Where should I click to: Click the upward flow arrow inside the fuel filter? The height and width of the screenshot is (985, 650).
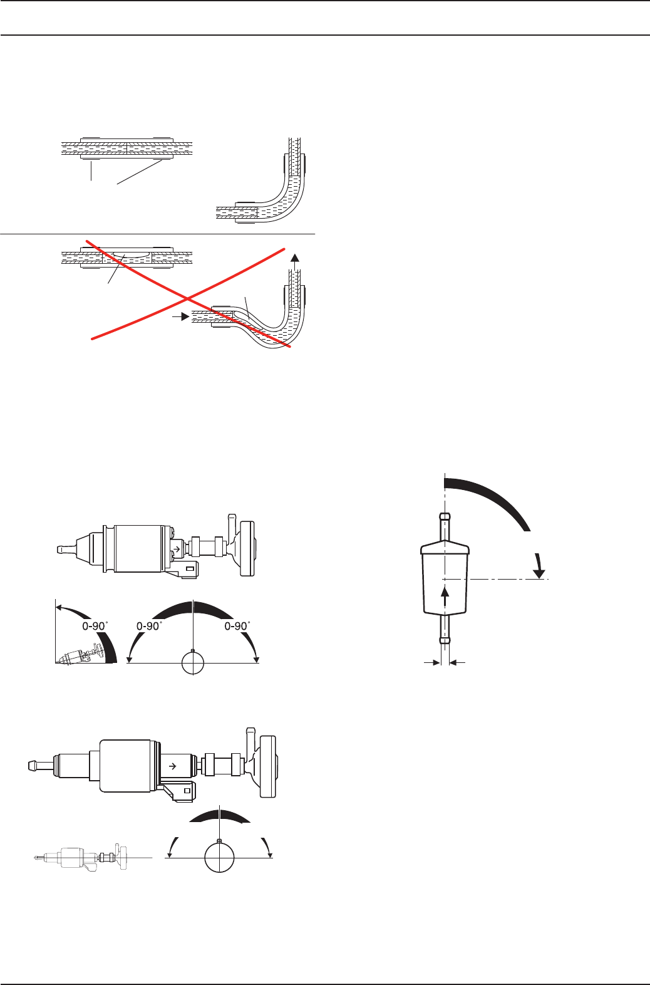445,596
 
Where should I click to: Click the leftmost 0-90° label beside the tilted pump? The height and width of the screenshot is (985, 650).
95,625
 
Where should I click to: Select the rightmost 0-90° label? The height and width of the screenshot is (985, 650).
237,625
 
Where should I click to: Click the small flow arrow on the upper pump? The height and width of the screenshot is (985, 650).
177,549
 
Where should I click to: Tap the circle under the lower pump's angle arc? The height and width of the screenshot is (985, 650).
219,857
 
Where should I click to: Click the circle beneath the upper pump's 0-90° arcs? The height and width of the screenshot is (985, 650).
193,663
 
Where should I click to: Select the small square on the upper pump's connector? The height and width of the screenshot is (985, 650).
189,569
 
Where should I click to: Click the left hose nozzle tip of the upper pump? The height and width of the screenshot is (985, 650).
57,550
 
